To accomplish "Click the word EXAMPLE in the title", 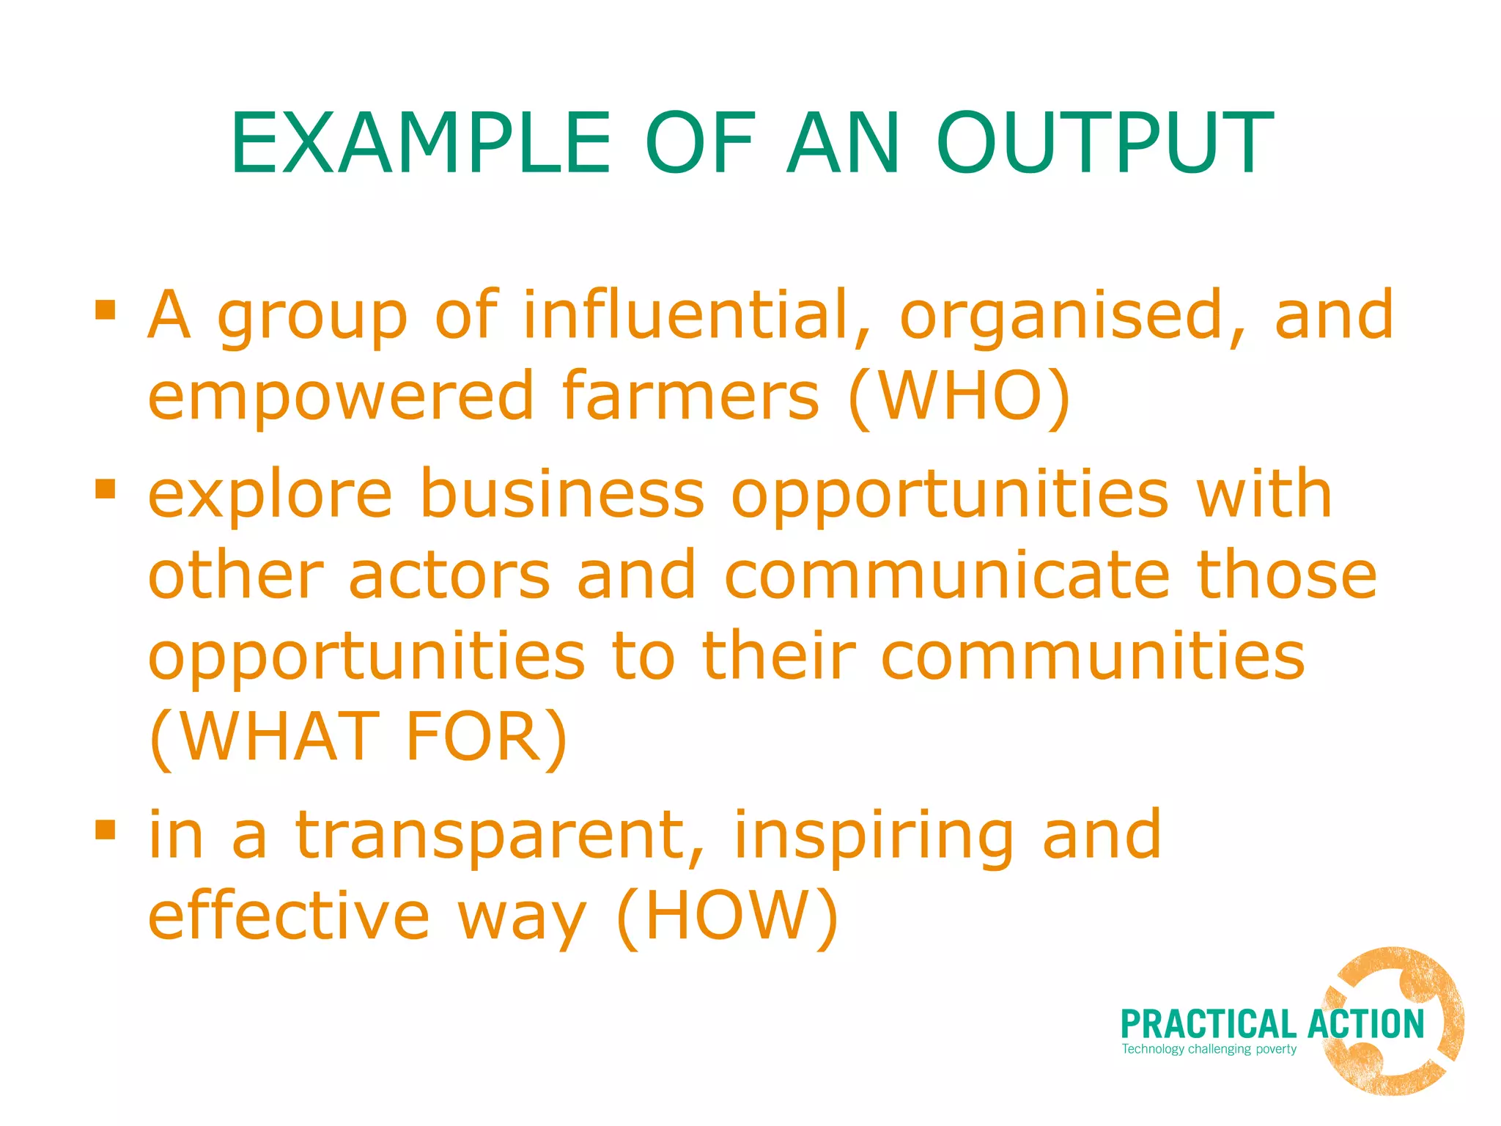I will [420, 144].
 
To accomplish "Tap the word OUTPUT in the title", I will [1104, 144].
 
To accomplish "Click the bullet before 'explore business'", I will [106, 488].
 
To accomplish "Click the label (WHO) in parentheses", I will [959, 397].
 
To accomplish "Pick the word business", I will [562, 494].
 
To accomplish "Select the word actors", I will [449, 575].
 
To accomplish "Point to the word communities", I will [1093, 656].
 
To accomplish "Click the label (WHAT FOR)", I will [358, 737].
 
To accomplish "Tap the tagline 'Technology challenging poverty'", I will [1209, 1049].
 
